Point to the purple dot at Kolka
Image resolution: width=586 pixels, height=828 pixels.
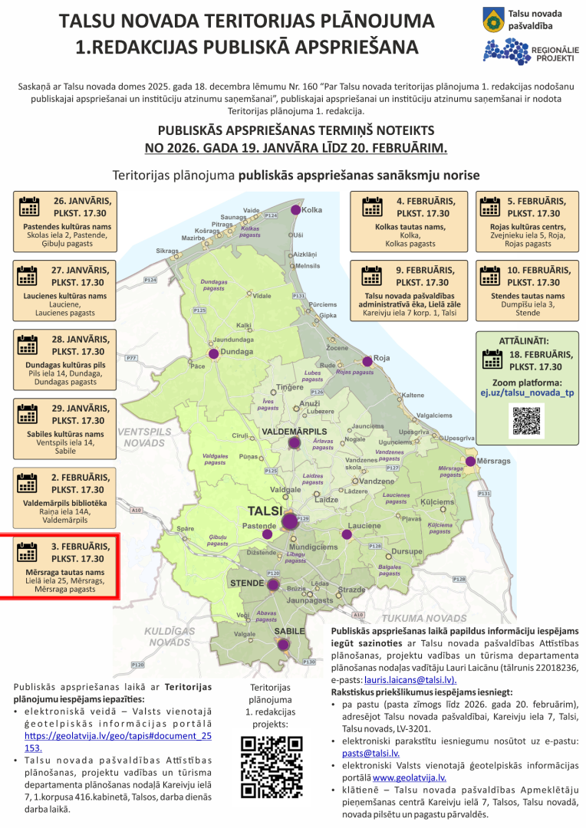point(295,209)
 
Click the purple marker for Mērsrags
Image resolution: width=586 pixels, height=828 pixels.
point(470,461)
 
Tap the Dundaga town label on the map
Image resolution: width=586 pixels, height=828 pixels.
point(237,352)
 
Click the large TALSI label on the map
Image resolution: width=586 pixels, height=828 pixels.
point(265,511)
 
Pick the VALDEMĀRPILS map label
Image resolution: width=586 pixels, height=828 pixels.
point(295,432)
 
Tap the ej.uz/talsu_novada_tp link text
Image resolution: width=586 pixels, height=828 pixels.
point(527,393)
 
